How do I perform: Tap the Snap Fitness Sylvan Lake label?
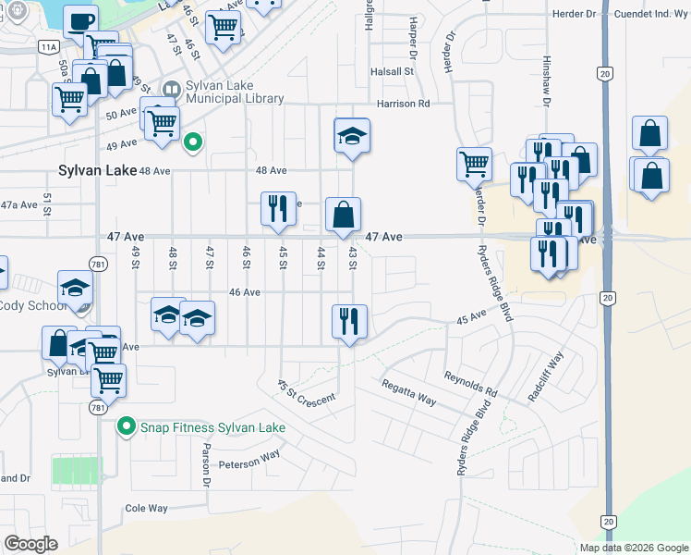pyautogui.click(x=212, y=427)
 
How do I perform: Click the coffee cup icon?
pyautogui.click(x=80, y=19)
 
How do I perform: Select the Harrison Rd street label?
pyautogui.click(x=403, y=105)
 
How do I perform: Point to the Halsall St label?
pyautogui.click(x=391, y=71)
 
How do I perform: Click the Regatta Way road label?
pyautogui.click(x=407, y=390)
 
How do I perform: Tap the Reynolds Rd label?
pyautogui.click(x=470, y=384)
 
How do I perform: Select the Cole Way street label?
pyautogui.click(x=147, y=509)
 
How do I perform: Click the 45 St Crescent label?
pyautogui.click(x=305, y=393)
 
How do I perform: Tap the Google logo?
pyautogui.click(x=31, y=544)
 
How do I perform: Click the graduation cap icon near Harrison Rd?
pyautogui.click(x=352, y=137)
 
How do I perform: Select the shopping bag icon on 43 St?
pyautogui.click(x=343, y=216)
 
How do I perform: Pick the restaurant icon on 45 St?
pyautogui.click(x=278, y=210)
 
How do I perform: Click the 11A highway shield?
pyautogui.click(x=48, y=45)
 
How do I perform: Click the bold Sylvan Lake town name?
pyautogui.click(x=96, y=171)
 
